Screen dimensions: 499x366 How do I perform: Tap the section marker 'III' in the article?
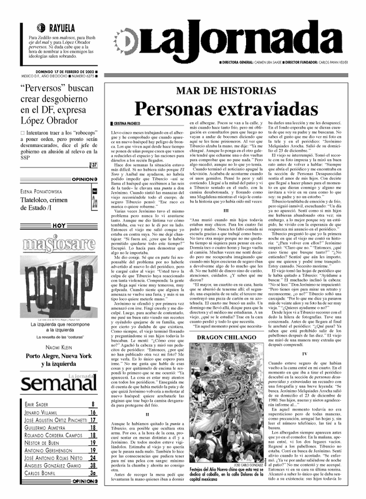coord(226,210)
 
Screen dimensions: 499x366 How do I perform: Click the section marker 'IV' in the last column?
coord(304,354)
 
